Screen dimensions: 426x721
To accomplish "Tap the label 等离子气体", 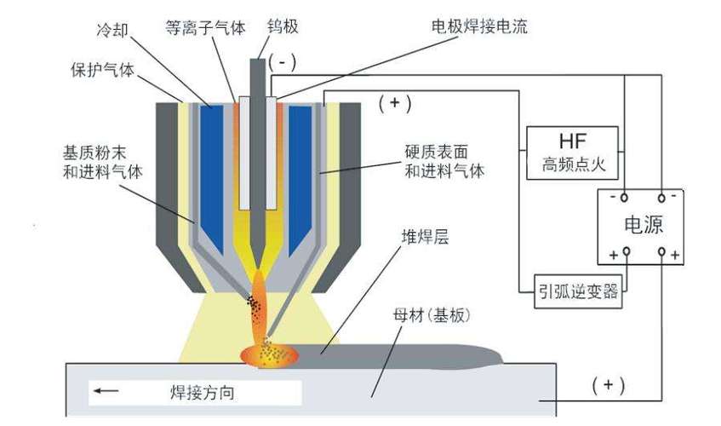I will coord(204,27).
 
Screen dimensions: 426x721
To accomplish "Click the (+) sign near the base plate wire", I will coord(608,384).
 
